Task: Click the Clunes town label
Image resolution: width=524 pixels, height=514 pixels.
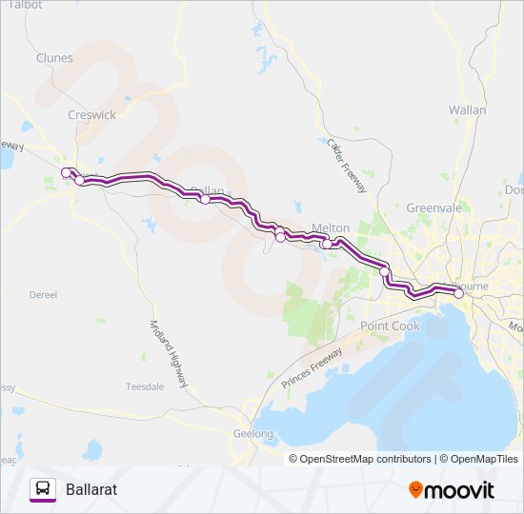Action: coord(54,58)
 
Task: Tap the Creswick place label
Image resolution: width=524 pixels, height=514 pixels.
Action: coord(91,114)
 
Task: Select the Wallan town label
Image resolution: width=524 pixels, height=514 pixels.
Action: coord(467,110)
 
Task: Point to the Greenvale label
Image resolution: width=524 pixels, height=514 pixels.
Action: coord(433,208)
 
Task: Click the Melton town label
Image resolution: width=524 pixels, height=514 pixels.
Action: coord(332,228)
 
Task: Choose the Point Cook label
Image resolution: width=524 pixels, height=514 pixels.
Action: coord(390,326)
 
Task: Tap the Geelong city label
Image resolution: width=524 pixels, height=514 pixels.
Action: coord(253,434)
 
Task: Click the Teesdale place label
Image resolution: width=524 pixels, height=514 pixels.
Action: coord(145,386)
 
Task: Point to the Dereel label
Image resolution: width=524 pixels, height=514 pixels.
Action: coord(44,295)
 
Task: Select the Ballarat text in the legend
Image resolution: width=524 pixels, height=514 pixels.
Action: coord(91,489)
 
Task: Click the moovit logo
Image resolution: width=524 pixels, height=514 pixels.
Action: coord(452,489)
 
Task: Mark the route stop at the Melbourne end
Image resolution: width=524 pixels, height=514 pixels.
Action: coord(458,293)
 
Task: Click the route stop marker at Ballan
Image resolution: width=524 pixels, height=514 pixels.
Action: coord(205,199)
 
